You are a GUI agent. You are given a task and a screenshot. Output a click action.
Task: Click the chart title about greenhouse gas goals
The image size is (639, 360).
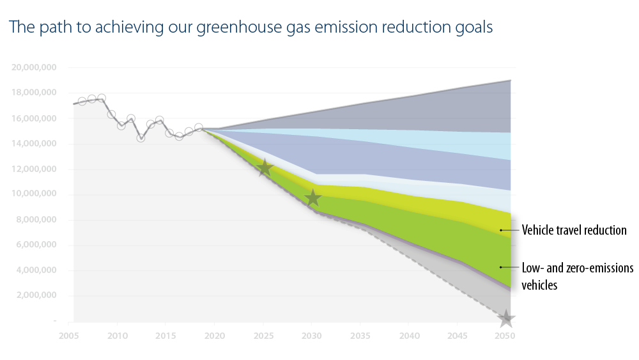(250, 28)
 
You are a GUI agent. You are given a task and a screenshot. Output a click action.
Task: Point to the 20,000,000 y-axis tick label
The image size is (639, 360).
(35, 67)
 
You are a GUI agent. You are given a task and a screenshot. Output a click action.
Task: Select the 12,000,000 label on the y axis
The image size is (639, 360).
(35, 169)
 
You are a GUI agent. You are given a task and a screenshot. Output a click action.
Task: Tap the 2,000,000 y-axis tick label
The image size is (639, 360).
(36, 295)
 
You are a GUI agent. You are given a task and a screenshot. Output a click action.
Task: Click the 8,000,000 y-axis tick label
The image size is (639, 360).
(36, 220)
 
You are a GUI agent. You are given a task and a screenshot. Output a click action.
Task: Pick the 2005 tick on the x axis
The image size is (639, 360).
(68, 335)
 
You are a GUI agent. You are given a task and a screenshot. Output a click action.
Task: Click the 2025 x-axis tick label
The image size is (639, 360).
(263, 335)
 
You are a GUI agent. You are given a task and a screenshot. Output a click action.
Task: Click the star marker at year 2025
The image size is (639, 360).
(265, 168)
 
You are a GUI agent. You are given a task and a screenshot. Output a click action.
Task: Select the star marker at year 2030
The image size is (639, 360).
(312, 198)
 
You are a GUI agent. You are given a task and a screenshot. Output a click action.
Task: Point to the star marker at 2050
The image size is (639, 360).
(506, 318)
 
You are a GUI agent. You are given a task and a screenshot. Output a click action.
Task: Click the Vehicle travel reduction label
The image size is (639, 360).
(574, 230)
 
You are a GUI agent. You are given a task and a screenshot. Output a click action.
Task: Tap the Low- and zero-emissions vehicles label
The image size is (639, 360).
(578, 276)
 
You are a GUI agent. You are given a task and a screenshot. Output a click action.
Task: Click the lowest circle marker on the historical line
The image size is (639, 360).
(141, 137)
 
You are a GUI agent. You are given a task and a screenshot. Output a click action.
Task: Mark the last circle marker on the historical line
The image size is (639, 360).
(199, 128)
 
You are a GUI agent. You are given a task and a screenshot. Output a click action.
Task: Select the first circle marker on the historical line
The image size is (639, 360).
(82, 101)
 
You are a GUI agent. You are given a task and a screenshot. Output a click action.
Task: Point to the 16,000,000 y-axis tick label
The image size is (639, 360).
(35, 118)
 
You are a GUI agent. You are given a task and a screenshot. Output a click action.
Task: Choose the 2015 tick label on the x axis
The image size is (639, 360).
(165, 335)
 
